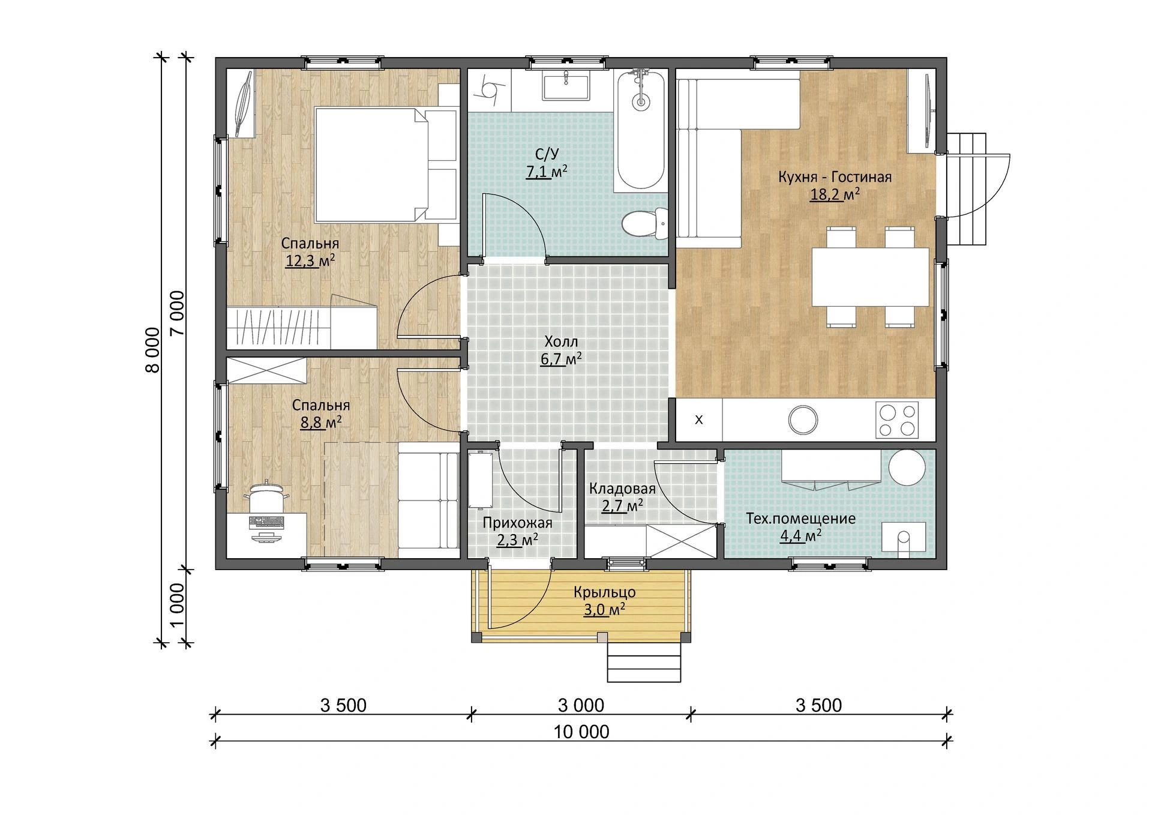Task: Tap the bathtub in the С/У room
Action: pos(641,130)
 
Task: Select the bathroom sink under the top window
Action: pos(566,85)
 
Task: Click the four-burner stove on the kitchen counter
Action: pos(897,420)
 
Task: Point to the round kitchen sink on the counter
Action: pos(803,420)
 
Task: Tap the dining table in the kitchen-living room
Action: pos(870,277)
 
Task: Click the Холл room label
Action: pos(561,342)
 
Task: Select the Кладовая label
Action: pos(622,489)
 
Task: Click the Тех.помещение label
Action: pos(800,519)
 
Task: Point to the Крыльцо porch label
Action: pos(604,592)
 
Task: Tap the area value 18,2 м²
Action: pos(835,194)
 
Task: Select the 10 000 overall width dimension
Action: pos(581,732)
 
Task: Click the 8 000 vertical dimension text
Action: pos(153,350)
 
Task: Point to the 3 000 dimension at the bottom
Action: pos(581,705)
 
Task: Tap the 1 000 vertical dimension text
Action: pos(177,605)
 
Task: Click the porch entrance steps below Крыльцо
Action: pos(645,663)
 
